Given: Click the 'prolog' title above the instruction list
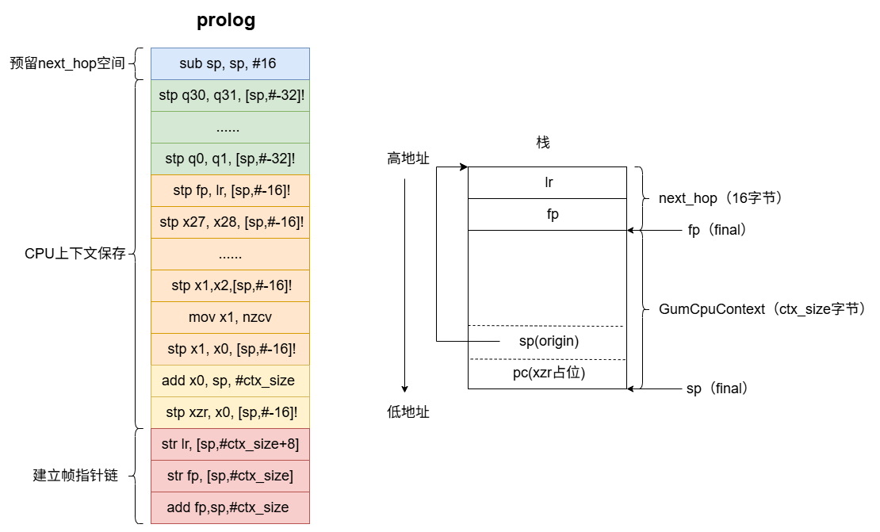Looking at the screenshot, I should (x=226, y=21).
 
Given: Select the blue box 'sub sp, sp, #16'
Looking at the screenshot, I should (x=230, y=63).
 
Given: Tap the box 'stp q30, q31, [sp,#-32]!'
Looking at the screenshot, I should (x=230, y=95).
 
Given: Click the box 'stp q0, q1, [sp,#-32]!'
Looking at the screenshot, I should (x=230, y=159).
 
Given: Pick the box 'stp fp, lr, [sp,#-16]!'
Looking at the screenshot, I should (x=230, y=190).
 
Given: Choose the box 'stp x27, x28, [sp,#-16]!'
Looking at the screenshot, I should (x=230, y=222).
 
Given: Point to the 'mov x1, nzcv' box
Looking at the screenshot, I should (x=230, y=317).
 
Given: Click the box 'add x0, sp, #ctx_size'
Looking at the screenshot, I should (x=230, y=381).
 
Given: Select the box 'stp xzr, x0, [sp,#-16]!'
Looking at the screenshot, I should (x=230, y=412).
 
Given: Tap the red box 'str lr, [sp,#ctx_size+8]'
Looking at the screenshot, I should (x=230, y=444).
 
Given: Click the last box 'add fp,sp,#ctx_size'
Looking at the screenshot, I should (x=230, y=507).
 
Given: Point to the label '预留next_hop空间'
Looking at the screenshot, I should (x=67, y=63).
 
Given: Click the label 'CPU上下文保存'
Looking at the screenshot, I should (x=75, y=254).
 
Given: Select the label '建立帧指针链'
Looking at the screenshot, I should (x=75, y=476).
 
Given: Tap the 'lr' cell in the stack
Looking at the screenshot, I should (x=548, y=182).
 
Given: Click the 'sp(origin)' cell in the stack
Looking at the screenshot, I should (x=548, y=342).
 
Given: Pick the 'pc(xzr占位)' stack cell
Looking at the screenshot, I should (x=548, y=373).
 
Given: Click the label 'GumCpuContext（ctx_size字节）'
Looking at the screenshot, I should (x=761, y=309).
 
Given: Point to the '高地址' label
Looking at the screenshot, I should (x=408, y=159).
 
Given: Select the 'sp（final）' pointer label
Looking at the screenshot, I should (x=717, y=388).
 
